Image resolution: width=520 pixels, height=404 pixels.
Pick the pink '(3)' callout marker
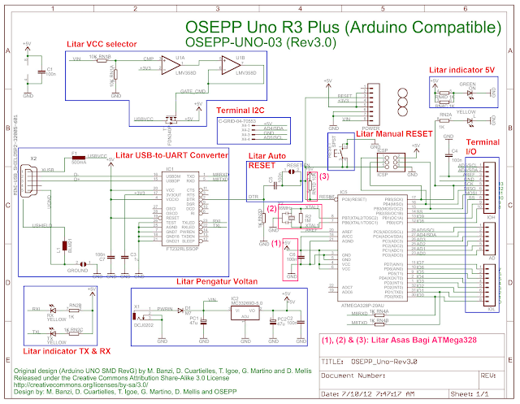tap(323, 176)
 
